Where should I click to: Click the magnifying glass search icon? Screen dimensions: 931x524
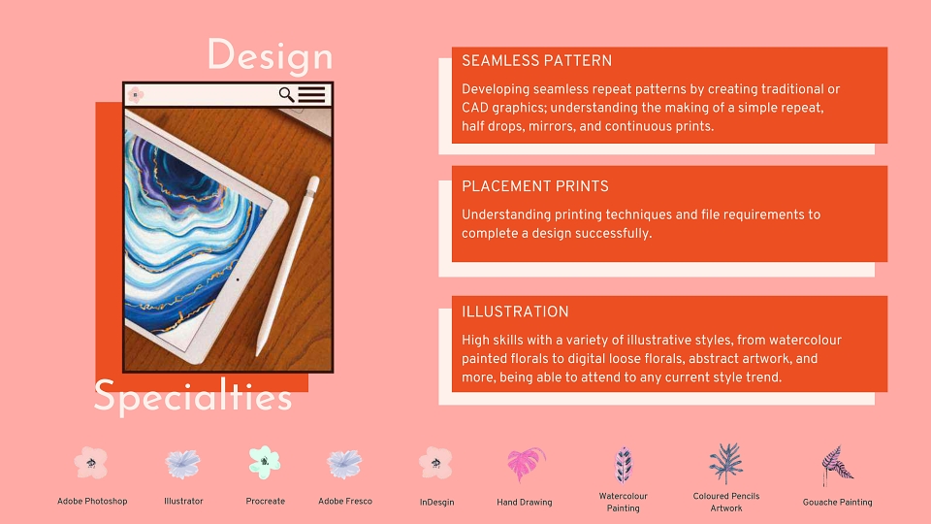coord(286,94)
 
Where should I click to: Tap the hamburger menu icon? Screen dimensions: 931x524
coord(311,94)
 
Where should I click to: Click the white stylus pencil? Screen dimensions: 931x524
coord(288,266)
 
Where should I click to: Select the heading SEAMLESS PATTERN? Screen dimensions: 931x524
coord(536,60)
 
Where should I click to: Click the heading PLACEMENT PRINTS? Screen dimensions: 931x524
coord(535,186)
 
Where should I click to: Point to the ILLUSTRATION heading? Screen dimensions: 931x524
coord(515,311)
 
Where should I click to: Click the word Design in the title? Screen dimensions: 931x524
coord(271,56)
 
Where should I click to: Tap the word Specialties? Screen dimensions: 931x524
coord(193,396)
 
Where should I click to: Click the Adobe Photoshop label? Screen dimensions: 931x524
coord(92,501)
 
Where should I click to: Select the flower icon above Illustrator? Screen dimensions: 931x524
coord(183,464)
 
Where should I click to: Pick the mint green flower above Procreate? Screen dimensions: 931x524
coord(264,462)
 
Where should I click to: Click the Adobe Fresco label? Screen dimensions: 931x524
coord(345,501)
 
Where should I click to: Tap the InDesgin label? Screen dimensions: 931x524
coord(437,502)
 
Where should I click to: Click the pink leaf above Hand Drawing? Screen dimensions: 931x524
coord(526,464)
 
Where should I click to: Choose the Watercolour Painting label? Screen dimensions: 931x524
coord(623,502)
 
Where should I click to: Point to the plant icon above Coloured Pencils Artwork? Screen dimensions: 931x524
coord(725,464)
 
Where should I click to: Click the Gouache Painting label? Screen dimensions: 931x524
coord(837,502)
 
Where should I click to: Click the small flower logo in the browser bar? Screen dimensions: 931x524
coord(136,94)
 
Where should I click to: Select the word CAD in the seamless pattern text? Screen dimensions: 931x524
coord(474,108)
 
